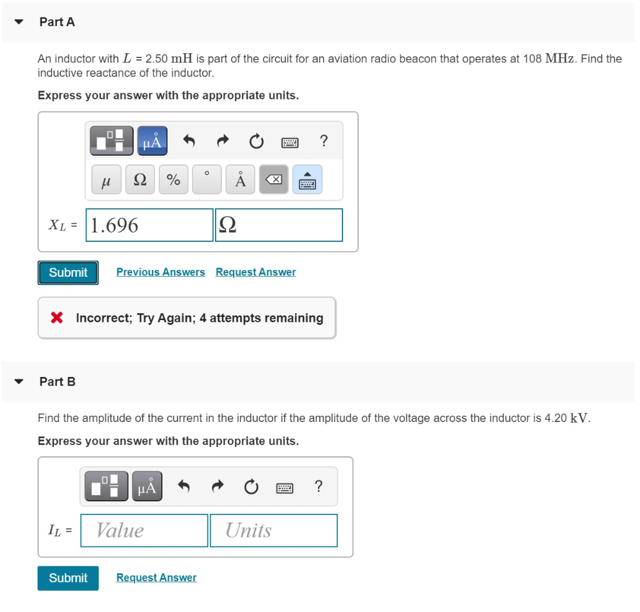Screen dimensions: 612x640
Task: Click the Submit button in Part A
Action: point(68,273)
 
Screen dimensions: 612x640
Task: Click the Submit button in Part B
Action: point(68,578)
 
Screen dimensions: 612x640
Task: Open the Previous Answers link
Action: point(161,272)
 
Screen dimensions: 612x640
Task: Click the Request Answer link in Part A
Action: point(256,272)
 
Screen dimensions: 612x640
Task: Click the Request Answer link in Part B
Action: point(156,578)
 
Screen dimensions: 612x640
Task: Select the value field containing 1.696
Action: point(149,225)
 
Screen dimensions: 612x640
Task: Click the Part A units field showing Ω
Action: point(279,225)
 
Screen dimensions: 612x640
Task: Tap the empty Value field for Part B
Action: point(144,531)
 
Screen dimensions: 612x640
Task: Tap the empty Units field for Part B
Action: point(273,531)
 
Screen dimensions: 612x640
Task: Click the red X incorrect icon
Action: point(57,318)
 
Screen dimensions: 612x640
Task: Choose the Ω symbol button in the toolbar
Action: point(141,180)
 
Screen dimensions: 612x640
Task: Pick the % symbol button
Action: point(173,180)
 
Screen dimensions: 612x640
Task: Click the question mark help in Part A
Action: point(323,141)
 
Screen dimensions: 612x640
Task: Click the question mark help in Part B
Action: point(319,486)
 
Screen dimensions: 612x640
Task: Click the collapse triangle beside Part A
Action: point(19,22)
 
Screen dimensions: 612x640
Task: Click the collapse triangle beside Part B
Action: point(19,381)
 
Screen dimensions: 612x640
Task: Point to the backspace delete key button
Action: point(274,180)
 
